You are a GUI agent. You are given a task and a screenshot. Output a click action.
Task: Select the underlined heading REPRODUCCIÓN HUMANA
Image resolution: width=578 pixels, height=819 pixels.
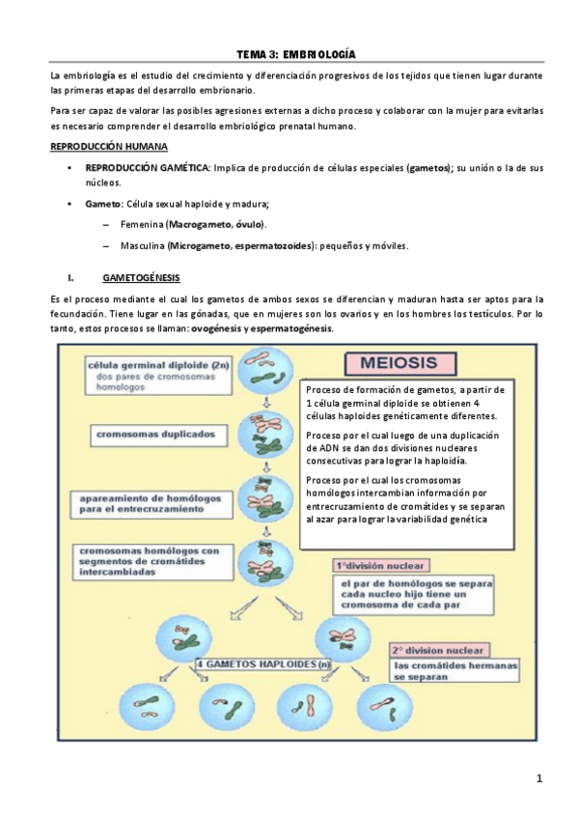[x=109, y=146]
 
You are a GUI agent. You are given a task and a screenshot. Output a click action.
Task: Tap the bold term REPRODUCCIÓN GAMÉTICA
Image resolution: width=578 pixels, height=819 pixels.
[x=148, y=167]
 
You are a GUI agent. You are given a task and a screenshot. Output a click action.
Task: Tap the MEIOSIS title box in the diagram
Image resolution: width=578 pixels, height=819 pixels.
[x=396, y=364]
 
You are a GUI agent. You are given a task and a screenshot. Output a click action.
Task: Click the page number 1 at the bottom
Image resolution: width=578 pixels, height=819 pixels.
[x=540, y=778]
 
